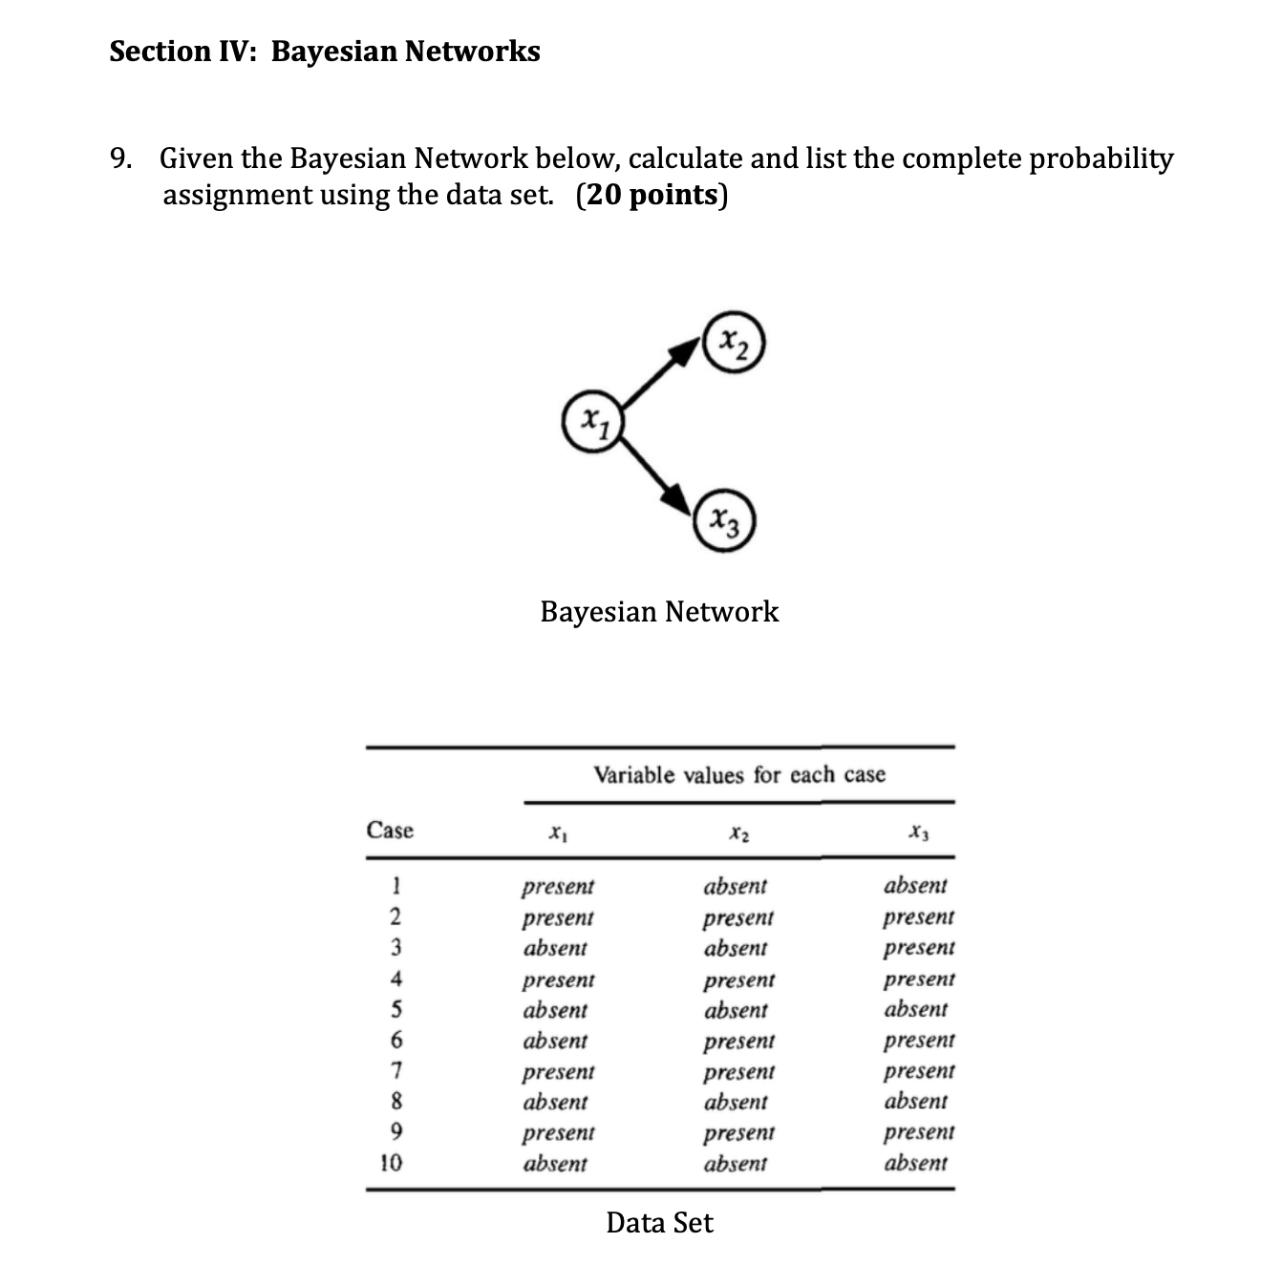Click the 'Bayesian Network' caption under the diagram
coord(659,612)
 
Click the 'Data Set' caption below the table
coord(659,1222)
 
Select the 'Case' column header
coord(390,830)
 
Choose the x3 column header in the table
coord(919,832)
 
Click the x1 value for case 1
coord(558,887)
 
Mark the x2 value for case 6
coord(739,1042)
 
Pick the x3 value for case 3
coord(919,948)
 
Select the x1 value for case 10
coord(555,1163)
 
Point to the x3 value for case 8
coord(915,1101)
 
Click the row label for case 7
coord(395,1071)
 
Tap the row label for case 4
coord(395,979)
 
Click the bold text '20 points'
coord(652,195)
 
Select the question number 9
coord(120,158)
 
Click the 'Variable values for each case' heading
coord(739,774)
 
